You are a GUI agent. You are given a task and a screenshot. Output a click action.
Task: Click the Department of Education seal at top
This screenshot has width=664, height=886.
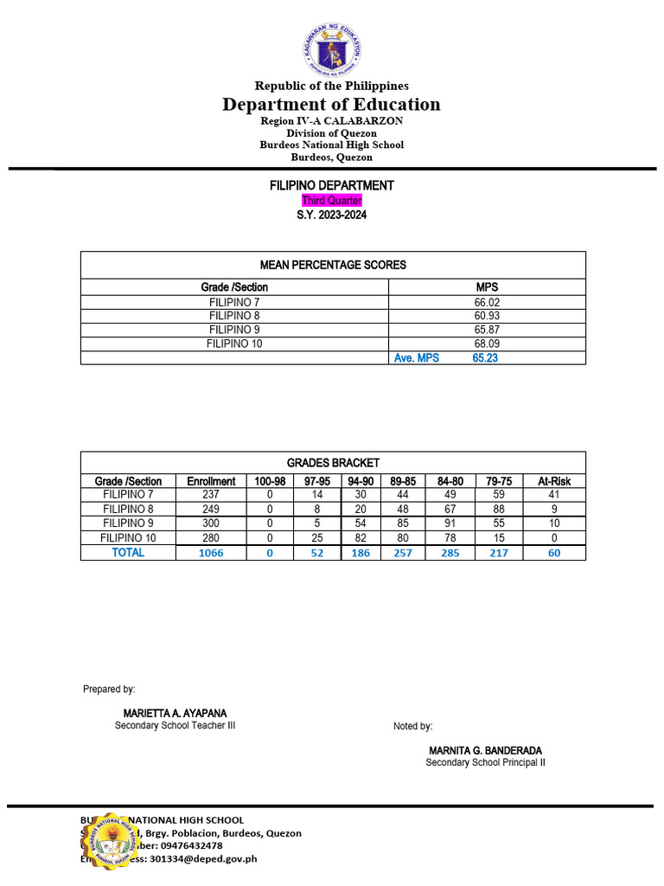[x=332, y=49]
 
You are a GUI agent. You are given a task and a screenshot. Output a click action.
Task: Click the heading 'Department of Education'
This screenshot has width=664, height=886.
[x=331, y=105]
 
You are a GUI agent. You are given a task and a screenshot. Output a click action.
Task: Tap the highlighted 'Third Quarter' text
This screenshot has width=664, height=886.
[x=332, y=201]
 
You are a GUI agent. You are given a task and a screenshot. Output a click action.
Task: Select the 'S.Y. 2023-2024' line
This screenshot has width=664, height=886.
[x=332, y=215]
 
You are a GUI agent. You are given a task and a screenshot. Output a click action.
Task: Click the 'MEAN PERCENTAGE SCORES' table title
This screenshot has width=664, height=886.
[x=333, y=265]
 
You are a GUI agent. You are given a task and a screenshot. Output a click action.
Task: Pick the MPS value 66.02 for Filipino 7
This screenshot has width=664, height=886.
[x=488, y=303]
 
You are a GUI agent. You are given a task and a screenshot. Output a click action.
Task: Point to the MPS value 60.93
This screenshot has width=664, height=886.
[x=488, y=317]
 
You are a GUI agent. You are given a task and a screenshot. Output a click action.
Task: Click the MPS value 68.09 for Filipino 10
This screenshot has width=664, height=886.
[x=488, y=344]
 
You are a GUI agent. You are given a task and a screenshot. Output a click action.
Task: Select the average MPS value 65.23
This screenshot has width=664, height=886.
[x=485, y=358]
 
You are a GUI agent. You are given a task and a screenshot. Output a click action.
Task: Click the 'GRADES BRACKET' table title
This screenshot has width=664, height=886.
[x=333, y=464]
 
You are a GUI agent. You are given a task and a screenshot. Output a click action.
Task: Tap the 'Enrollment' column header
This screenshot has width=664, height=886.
[x=211, y=482]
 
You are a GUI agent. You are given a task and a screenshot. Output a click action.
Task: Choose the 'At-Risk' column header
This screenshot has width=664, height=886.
[x=554, y=482]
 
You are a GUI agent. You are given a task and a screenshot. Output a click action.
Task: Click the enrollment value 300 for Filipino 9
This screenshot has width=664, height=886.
[x=211, y=523]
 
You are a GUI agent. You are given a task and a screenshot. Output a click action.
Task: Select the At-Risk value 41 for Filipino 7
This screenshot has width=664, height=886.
[x=554, y=495]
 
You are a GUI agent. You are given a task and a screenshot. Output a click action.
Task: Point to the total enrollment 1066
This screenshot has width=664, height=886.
[x=211, y=553]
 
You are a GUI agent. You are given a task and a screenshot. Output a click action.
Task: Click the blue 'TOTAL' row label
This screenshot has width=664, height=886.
[x=128, y=553]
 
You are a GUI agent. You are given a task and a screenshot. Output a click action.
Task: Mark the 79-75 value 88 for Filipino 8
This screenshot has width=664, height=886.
[x=496, y=510]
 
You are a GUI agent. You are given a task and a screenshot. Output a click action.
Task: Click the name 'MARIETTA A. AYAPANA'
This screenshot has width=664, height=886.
[x=175, y=713]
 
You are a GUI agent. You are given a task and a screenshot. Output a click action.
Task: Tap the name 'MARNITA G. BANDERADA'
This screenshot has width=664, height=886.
[x=485, y=750]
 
